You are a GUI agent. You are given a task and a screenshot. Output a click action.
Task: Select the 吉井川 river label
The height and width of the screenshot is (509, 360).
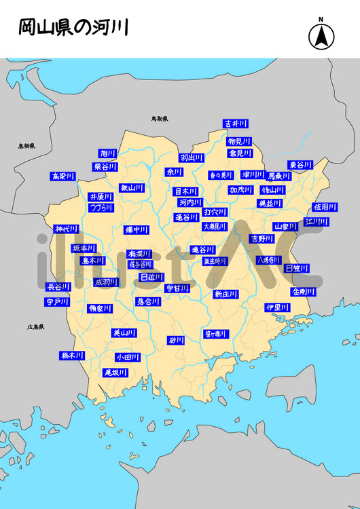click(x=236, y=124)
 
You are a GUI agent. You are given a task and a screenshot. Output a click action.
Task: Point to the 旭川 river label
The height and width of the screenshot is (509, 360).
click(x=108, y=153)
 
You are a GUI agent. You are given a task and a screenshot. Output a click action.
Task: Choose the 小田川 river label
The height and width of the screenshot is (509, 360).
click(x=127, y=357)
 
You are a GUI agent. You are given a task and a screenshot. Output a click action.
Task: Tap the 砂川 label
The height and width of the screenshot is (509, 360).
click(x=177, y=340)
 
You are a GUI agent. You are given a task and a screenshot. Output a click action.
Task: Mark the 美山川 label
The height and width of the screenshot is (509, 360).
click(x=124, y=333)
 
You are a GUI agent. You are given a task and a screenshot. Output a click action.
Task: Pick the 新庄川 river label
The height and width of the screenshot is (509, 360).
click(x=226, y=294)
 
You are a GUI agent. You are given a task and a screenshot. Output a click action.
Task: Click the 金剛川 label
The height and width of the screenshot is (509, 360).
click(x=303, y=291)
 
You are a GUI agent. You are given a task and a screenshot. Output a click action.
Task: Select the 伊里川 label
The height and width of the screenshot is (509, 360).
click(x=277, y=307)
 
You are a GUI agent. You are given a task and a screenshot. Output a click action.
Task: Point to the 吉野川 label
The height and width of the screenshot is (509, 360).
click(x=261, y=239)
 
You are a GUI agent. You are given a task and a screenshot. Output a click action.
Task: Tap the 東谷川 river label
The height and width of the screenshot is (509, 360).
click(x=300, y=165)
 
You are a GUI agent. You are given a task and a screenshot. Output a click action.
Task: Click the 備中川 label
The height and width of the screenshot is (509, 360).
click(x=137, y=230)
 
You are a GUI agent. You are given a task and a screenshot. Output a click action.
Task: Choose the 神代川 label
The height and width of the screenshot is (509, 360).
click(x=67, y=229)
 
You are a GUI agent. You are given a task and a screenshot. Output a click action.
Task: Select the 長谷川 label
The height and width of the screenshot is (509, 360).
click(x=58, y=287)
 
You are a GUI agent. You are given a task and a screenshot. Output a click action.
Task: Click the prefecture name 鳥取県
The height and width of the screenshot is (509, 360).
click(x=160, y=119)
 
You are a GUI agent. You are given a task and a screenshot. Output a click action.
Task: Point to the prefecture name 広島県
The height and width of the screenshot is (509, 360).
click(x=35, y=327)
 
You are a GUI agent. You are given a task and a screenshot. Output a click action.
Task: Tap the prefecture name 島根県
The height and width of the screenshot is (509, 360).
click(x=26, y=146)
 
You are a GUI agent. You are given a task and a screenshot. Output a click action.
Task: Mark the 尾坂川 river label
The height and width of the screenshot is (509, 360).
click(x=115, y=373)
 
